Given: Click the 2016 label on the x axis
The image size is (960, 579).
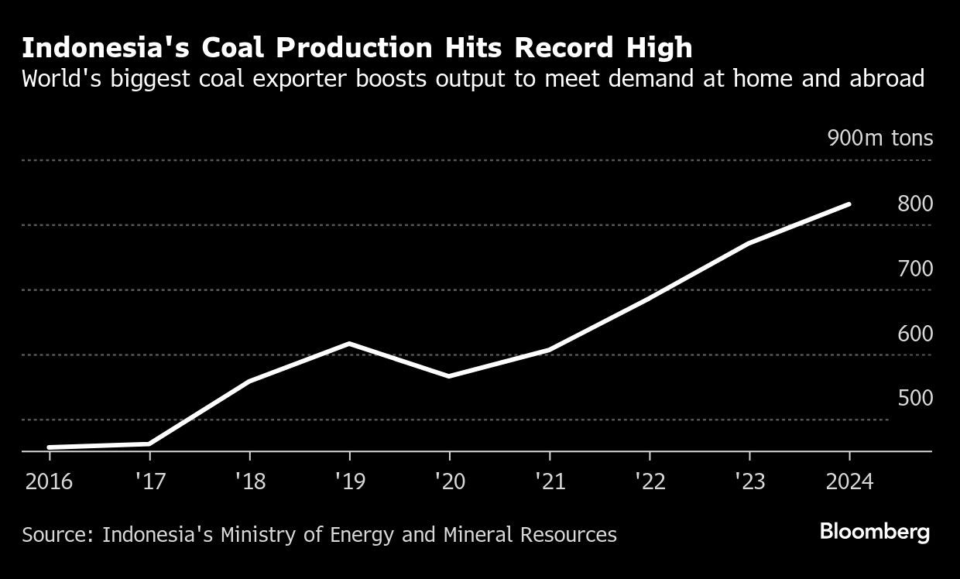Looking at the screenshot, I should pos(49,481).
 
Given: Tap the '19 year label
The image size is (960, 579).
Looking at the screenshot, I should pos(349,481).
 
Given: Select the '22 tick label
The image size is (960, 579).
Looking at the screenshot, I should pos(650,481).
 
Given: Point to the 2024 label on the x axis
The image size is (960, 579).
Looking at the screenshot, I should pos(849,481).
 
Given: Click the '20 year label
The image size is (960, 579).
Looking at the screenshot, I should pos(449,481).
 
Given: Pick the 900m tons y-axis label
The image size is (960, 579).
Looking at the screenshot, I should pos(880,139).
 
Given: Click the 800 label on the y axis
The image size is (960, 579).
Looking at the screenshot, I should pos(915,204).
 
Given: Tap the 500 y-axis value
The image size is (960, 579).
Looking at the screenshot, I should pos(915,399).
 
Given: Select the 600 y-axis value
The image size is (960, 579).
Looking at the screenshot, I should pos(915,334).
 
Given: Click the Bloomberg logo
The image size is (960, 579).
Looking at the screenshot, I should pos(875,533).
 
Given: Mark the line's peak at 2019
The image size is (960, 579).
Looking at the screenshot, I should pos(349,343).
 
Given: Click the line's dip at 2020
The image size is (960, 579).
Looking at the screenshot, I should pos(449,376).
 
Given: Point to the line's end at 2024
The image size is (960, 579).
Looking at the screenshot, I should pos(849,204).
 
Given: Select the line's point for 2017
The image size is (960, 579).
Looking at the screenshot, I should pos(149,444).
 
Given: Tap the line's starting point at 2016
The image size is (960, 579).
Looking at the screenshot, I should pos(50,447).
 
